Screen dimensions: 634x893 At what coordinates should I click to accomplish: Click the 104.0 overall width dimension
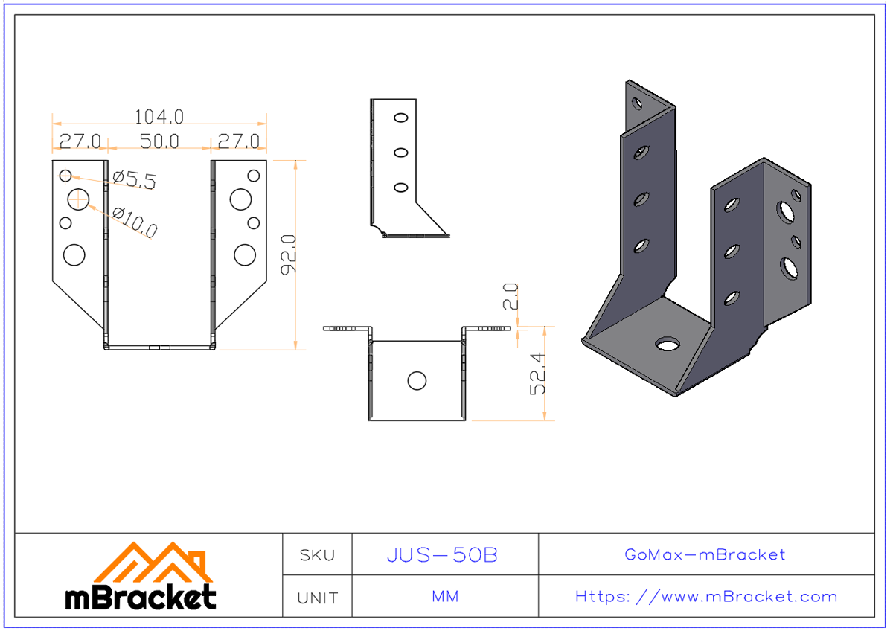(x=159, y=117)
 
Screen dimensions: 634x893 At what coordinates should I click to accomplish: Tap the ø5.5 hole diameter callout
(x=134, y=179)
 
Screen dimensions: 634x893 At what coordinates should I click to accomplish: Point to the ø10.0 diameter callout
(x=135, y=222)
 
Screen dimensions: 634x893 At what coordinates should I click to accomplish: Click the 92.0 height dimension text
(x=288, y=254)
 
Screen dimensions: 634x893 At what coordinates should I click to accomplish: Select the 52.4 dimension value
(x=538, y=374)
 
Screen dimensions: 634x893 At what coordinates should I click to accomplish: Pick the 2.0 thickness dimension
(x=511, y=296)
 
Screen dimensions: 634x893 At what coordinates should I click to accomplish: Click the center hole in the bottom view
(x=417, y=381)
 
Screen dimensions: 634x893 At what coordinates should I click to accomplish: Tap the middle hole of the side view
(x=400, y=153)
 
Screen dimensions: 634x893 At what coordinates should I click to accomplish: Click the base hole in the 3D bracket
(x=668, y=344)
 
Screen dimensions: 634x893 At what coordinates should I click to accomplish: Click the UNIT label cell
(x=317, y=598)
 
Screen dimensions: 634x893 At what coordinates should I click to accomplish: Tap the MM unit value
(x=444, y=597)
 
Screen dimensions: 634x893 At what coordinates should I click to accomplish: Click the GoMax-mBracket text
(x=705, y=554)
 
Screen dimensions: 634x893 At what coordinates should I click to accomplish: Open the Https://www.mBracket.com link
(x=705, y=597)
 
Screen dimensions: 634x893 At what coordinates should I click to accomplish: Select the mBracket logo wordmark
(x=141, y=598)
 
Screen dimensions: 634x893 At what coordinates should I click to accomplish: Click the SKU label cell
(x=317, y=555)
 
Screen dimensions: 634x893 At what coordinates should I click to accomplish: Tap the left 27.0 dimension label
(x=80, y=141)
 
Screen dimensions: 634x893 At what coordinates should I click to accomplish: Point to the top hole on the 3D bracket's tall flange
(x=637, y=103)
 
